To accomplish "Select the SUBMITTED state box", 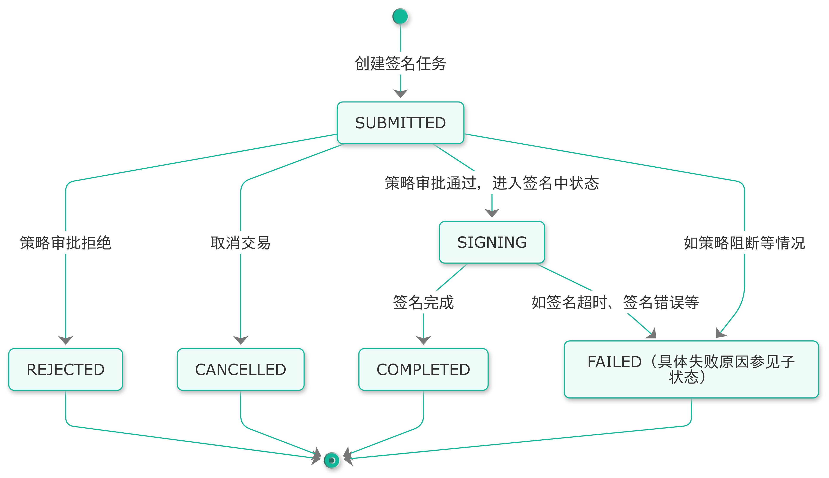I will pyautogui.click(x=400, y=123).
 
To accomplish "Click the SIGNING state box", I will pyautogui.click(x=492, y=242).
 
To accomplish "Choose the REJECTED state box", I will pyautogui.click(x=66, y=369).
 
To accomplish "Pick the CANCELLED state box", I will pyautogui.click(x=240, y=369).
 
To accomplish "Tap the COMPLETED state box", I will pyautogui.click(x=423, y=369).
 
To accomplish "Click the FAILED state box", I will pyautogui.click(x=691, y=369).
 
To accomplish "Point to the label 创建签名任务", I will pyautogui.click(x=400, y=63).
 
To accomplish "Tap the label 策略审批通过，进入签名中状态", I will pyautogui.click(x=492, y=183).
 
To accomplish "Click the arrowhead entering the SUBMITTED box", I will pyautogui.click(x=400, y=94).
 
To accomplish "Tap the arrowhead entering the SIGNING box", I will pyautogui.click(x=492, y=213).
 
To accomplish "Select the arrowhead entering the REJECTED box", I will pyautogui.click(x=66, y=340).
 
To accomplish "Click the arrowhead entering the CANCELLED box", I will pyautogui.click(x=240, y=340).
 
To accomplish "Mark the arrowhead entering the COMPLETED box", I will pyautogui.click(x=423, y=340).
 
